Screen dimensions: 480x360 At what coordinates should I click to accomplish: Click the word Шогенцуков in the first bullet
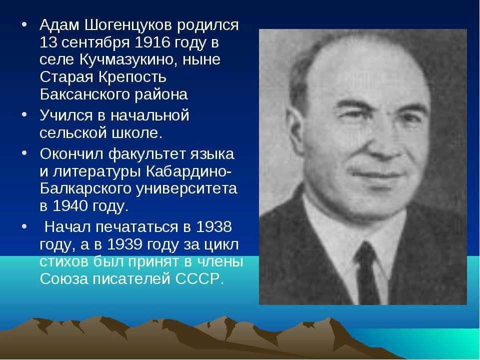128,25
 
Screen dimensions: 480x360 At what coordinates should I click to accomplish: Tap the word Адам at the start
59,25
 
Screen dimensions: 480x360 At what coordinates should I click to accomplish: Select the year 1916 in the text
152,42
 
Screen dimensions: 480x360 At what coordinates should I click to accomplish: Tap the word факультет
147,154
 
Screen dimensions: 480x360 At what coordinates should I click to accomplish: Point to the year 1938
214,227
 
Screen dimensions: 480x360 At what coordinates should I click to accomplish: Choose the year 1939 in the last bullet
124,244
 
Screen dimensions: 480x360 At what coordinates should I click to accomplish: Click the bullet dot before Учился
24,114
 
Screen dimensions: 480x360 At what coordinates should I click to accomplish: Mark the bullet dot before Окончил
24,153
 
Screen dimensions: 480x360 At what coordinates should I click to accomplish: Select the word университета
186,188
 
